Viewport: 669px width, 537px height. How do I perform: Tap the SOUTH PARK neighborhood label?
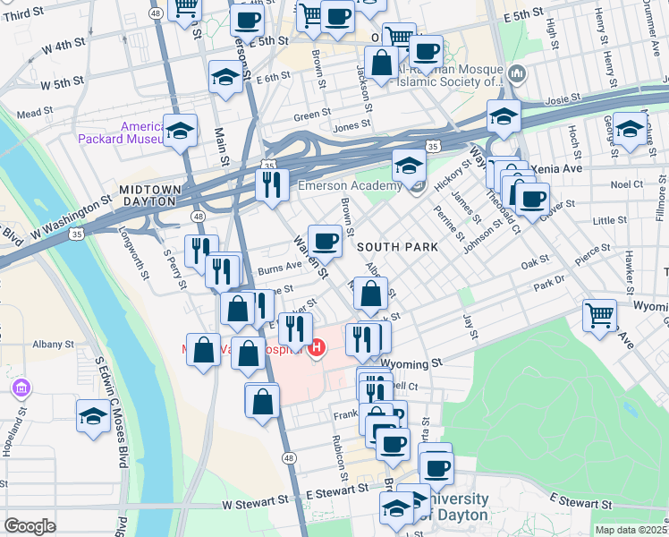point(397,246)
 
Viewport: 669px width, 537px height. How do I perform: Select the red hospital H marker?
point(316,348)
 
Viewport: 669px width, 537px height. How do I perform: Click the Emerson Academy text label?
point(349,185)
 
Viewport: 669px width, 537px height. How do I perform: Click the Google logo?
point(30,526)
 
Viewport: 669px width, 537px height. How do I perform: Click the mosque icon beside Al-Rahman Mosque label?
point(516,72)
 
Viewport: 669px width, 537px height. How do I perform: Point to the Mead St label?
point(36,114)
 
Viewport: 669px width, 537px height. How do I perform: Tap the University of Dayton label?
point(458,507)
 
